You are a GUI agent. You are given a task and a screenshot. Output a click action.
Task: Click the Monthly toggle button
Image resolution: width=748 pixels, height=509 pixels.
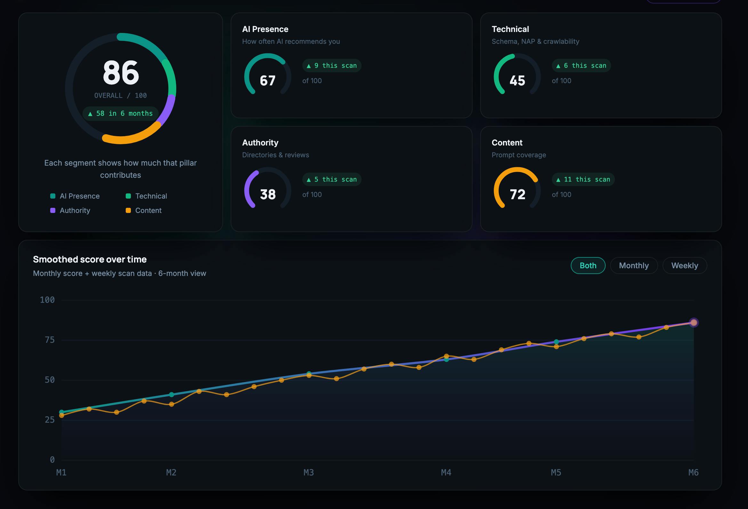pyautogui.click(x=633, y=265)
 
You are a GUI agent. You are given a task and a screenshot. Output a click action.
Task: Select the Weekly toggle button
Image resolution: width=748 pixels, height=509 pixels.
pyautogui.click(x=685, y=265)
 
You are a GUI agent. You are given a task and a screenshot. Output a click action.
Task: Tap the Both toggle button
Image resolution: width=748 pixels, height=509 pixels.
pyautogui.click(x=588, y=265)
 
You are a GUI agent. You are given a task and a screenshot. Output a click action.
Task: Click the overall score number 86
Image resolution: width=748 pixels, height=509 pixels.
pyautogui.click(x=121, y=72)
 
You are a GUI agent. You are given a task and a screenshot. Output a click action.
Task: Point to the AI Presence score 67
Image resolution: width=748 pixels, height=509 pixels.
pyautogui.click(x=267, y=81)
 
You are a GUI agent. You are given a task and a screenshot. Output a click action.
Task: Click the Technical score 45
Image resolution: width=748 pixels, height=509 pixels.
pyautogui.click(x=517, y=81)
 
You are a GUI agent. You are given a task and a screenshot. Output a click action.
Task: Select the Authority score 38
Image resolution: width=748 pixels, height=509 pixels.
pyautogui.click(x=268, y=194)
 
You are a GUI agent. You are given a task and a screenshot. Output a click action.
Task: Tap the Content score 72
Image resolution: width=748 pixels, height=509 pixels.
pyautogui.click(x=518, y=194)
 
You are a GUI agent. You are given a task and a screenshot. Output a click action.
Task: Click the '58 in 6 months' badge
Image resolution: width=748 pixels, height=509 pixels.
pyautogui.click(x=120, y=114)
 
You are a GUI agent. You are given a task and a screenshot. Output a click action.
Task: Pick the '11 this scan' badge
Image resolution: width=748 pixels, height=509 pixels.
pyautogui.click(x=583, y=180)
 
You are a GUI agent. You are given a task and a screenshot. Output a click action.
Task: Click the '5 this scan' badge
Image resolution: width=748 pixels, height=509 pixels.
pyautogui.click(x=332, y=180)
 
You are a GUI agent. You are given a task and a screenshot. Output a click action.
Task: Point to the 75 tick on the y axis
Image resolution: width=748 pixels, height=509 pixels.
pyautogui.click(x=50, y=340)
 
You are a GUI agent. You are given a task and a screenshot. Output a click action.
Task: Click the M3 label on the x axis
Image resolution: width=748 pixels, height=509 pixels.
pyautogui.click(x=309, y=472)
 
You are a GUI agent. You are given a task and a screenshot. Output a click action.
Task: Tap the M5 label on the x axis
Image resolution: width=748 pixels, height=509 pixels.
pyautogui.click(x=556, y=472)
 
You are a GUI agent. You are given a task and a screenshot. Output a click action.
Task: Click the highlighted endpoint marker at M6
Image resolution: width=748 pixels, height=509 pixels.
pyautogui.click(x=694, y=322)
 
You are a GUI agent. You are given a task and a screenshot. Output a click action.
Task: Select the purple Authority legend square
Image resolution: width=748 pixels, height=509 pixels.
pyautogui.click(x=53, y=210)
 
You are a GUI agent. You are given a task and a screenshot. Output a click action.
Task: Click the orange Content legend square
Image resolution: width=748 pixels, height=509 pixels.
pyautogui.click(x=128, y=210)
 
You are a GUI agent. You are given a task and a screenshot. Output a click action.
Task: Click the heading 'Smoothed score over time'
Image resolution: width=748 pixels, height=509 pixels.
pyautogui.click(x=90, y=259)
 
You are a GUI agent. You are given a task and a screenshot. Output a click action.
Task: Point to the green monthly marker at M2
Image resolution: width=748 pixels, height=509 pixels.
pyautogui.click(x=171, y=395)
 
